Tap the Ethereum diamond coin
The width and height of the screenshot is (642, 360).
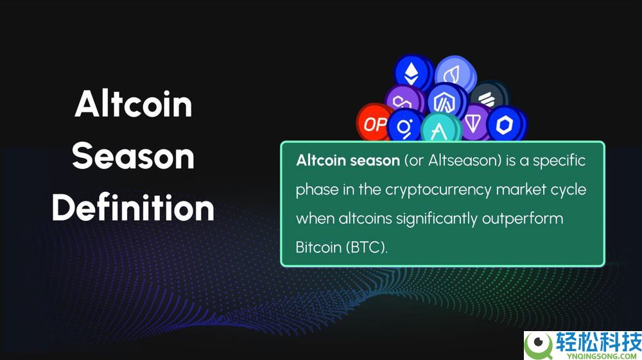tap(412, 73)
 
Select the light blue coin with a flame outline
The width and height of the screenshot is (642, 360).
tap(454, 74)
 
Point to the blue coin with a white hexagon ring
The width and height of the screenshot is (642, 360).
tap(506, 124)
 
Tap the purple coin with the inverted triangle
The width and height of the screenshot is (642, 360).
tap(474, 121)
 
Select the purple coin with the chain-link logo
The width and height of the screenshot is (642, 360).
tap(403, 99)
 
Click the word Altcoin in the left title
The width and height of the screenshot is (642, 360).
tap(134, 104)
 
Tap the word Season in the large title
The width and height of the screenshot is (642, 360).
tap(133, 157)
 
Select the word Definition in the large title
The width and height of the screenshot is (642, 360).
tap(133, 207)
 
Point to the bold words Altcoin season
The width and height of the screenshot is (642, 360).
tap(348, 160)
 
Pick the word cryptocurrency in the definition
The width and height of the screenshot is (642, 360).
tap(438, 190)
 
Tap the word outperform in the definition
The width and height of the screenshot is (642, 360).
tap(523, 219)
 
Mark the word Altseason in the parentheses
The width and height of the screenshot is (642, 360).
tap(463, 160)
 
